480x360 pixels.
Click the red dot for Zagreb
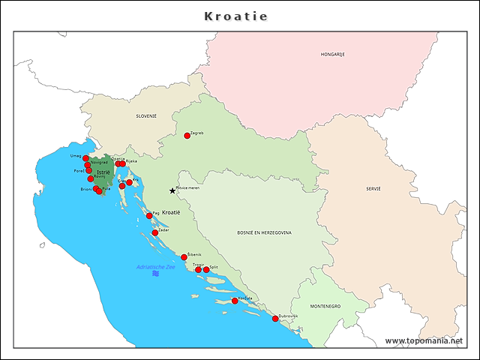coord(187,136)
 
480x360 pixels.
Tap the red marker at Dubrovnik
coord(275,319)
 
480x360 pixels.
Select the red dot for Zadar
coord(155,232)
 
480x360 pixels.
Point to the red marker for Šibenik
coord(184,257)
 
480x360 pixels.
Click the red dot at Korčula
coord(235,301)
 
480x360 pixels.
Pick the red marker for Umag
coord(85,158)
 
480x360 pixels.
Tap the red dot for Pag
coord(149,215)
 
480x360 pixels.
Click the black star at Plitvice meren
coord(172,190)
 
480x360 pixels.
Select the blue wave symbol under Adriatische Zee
coord(155,274)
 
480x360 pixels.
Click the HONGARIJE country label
coord(332,55)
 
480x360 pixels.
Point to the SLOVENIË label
coord(146,116)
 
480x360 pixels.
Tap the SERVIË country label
coord(373,188)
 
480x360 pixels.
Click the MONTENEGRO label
coord(326,307)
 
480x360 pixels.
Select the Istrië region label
coord(103,172)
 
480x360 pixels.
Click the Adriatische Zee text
coord(155,266)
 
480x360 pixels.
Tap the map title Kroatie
coord(236,16)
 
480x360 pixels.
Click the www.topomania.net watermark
coord(424,340)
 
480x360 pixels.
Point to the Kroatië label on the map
coord(172,213)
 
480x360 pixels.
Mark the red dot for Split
coord(206,269)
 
